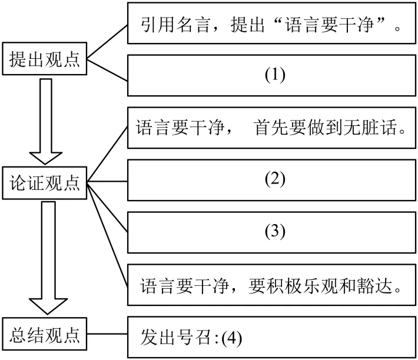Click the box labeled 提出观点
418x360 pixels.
click(45, 59)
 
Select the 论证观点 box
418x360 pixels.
click(45, 183)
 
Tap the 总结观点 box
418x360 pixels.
click(45, 334)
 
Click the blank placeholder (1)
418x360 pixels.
click(275, 75)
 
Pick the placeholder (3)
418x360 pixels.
click(275, 231)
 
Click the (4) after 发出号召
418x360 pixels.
click(232, 338)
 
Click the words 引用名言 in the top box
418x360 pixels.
click(175, 25)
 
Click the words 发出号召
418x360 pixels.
click(175, 338)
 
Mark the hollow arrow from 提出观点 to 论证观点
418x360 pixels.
click(45, 121)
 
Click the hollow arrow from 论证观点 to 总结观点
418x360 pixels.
click(48, 258)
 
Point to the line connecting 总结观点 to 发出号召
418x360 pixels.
click(107, 334)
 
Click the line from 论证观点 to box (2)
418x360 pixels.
click(107, 182)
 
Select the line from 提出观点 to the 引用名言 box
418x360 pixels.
click(107, 42)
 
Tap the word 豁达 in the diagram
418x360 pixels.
click(374, 286)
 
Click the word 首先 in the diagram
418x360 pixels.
click(271, 127)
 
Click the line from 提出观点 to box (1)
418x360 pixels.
click(107, 70)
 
